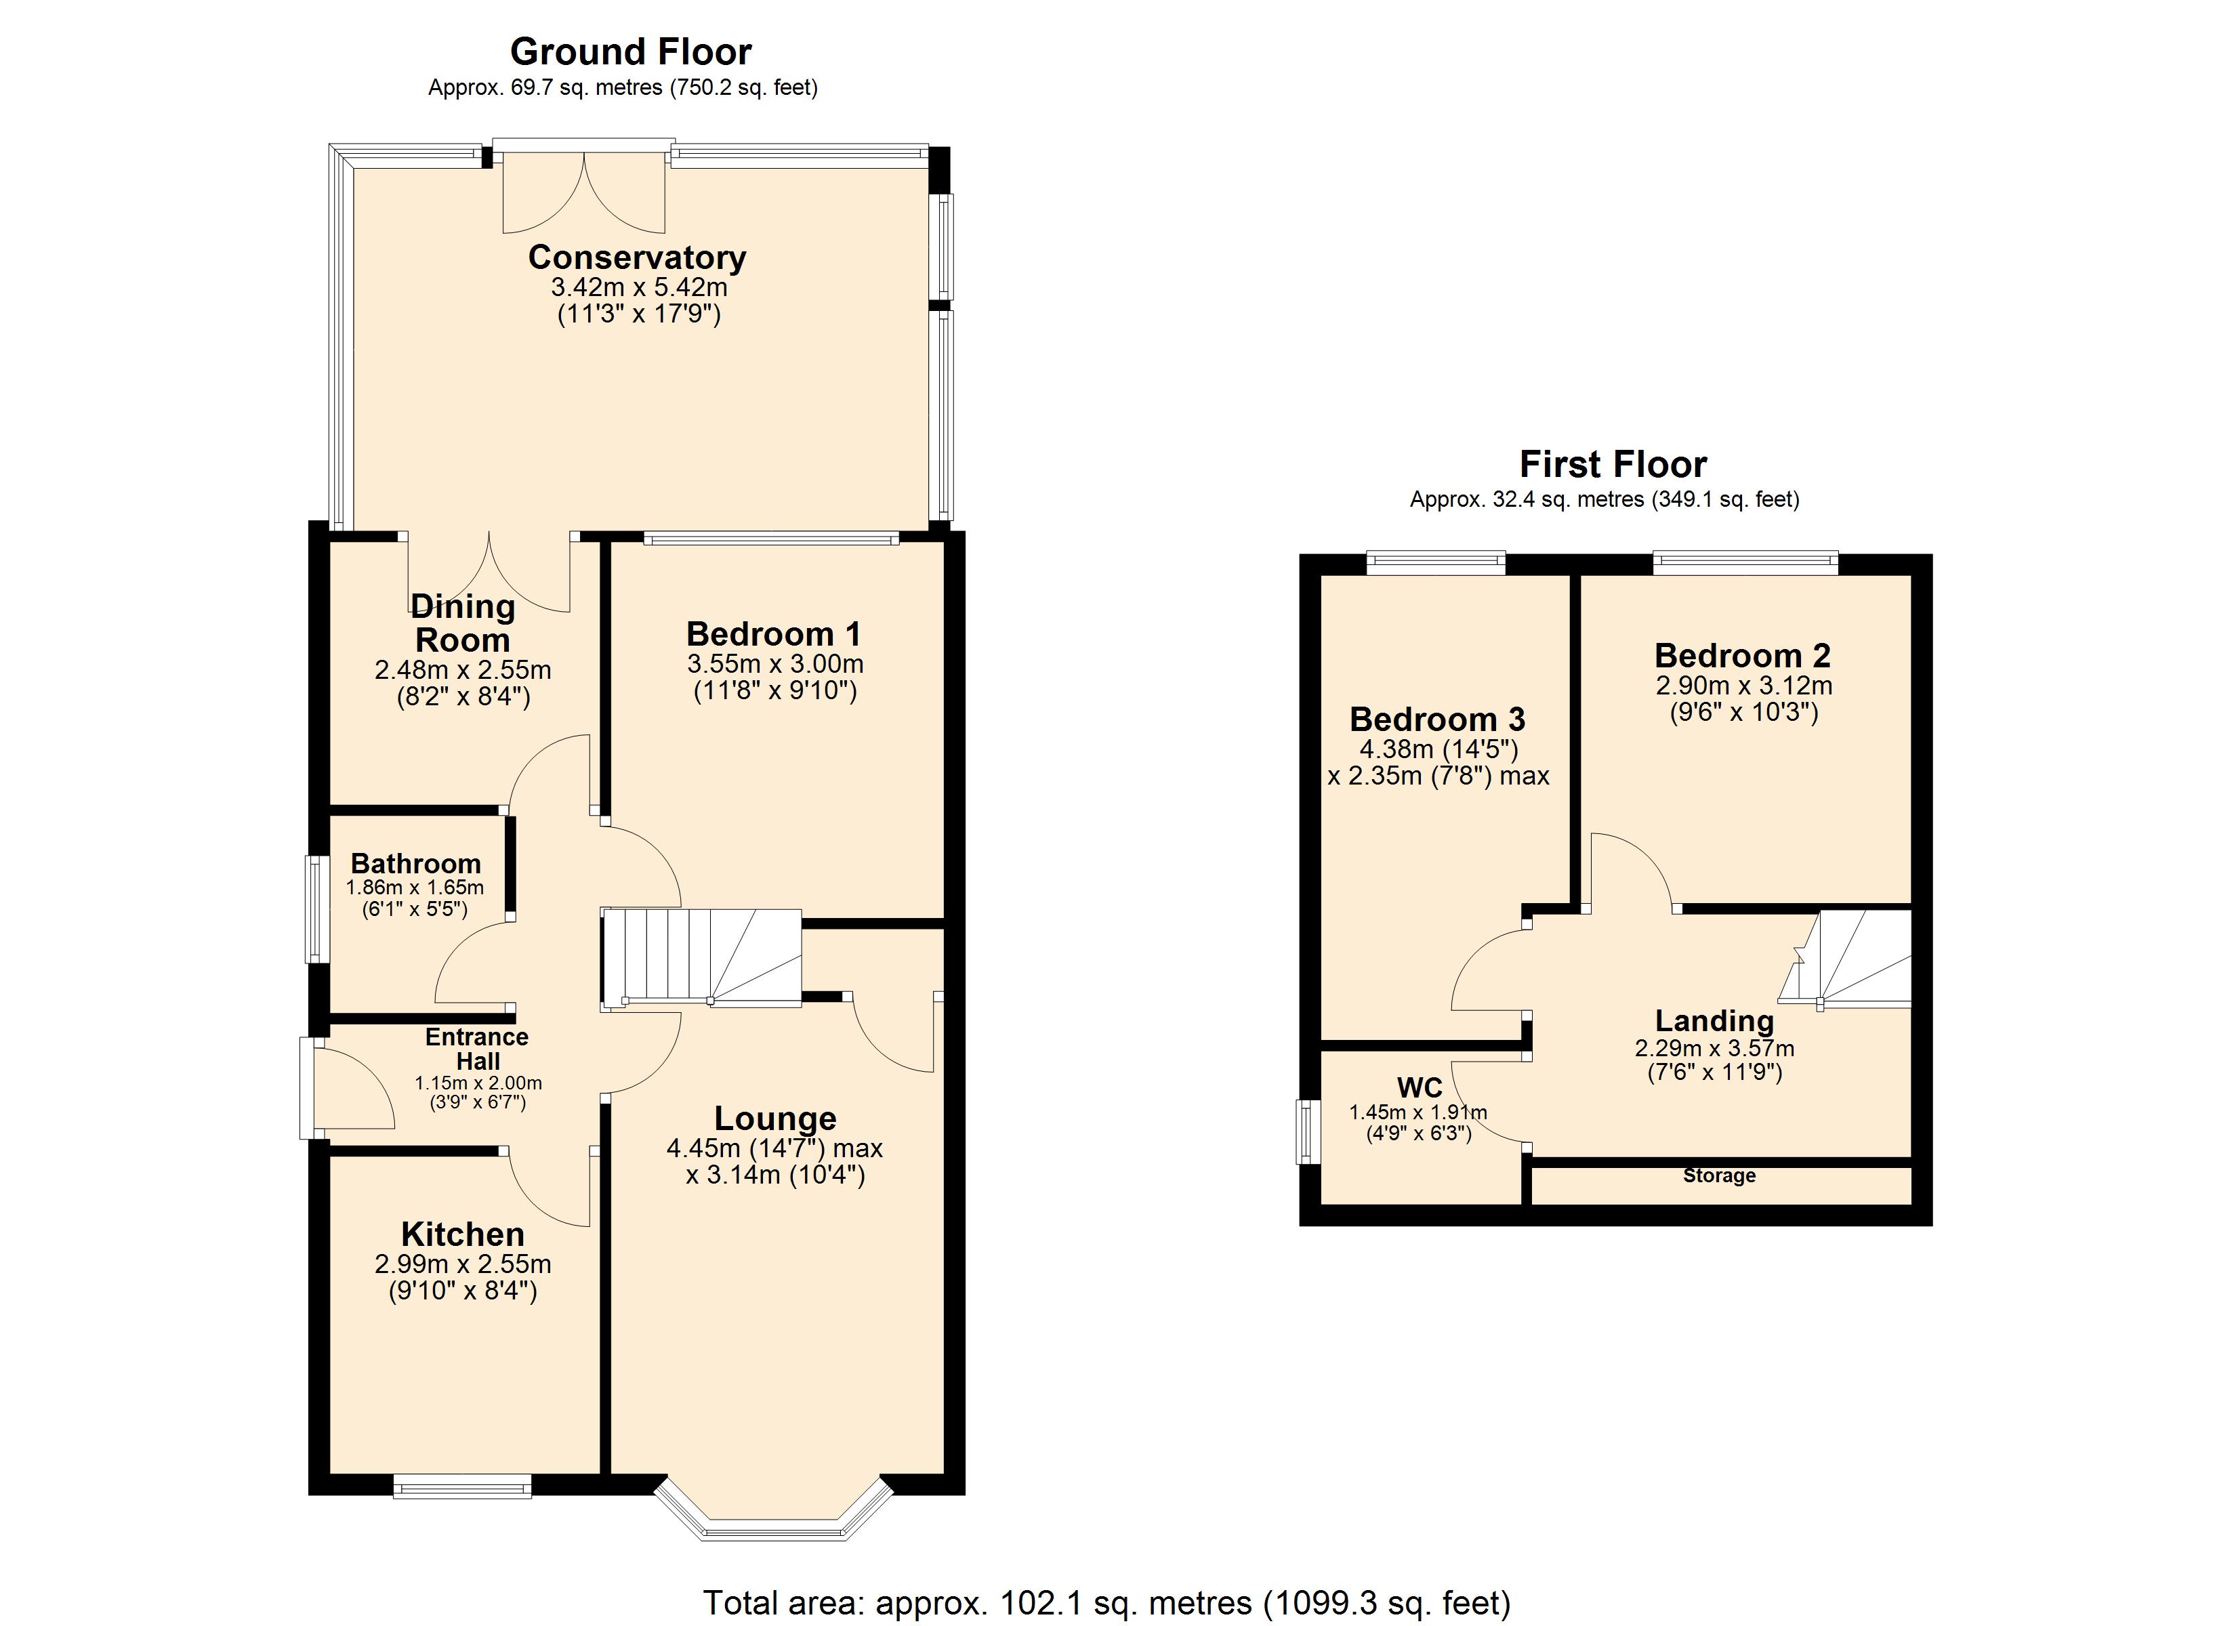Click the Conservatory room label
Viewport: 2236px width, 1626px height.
(637, 257)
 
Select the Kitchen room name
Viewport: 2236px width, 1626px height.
(462, 1234)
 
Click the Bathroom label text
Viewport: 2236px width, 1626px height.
(416, 864)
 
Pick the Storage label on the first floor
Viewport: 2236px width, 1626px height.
(1720, 1175)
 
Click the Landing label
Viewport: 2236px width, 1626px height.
(1714, 1020)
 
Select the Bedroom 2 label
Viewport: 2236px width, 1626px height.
(1743, 656)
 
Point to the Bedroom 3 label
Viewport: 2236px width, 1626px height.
(1437, 719)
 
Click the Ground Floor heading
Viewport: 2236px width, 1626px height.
(631, 51)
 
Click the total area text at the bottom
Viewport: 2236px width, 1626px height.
(1106, 1602)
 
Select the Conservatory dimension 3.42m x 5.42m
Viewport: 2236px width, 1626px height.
(639, 288)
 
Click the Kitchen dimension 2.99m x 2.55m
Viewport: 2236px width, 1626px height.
(462, 1264)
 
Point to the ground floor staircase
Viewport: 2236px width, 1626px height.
(701, 959)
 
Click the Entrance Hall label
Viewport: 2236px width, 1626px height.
(477, 1049)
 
